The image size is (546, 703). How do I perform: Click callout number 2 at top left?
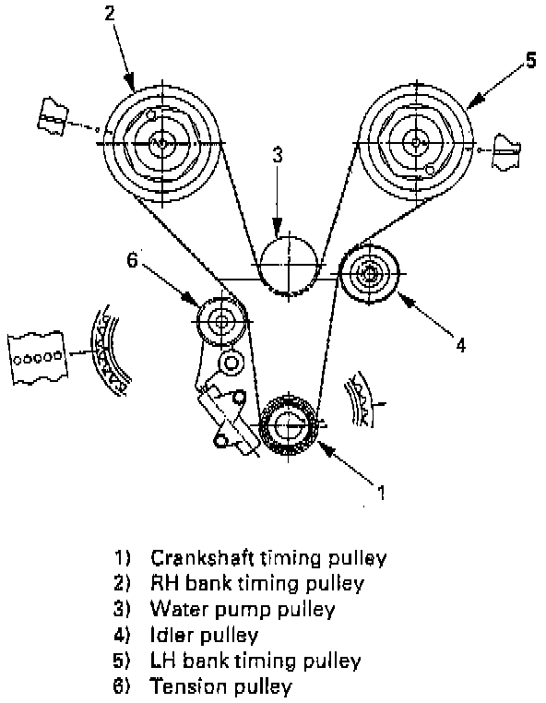coord(110,13)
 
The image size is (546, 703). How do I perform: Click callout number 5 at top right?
coord(530,60)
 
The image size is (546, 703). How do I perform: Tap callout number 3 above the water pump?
coord(278,155)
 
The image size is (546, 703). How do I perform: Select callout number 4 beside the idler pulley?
coord(461,345)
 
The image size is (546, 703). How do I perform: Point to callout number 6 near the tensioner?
coord(132,259)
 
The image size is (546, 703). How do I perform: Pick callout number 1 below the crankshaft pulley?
coord(381,493)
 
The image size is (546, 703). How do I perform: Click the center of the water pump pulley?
coord(289,264)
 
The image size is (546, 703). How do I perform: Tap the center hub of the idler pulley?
coord(369,273)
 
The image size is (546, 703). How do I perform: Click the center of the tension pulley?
coord(221,321)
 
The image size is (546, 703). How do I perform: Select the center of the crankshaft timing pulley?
coord(289,423)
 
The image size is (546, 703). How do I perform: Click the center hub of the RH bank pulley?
coord(162,143)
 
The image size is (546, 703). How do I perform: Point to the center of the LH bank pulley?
coord(416,143)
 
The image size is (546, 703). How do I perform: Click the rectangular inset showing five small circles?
coord(38,357)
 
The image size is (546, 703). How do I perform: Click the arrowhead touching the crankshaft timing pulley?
coord(325,448)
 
